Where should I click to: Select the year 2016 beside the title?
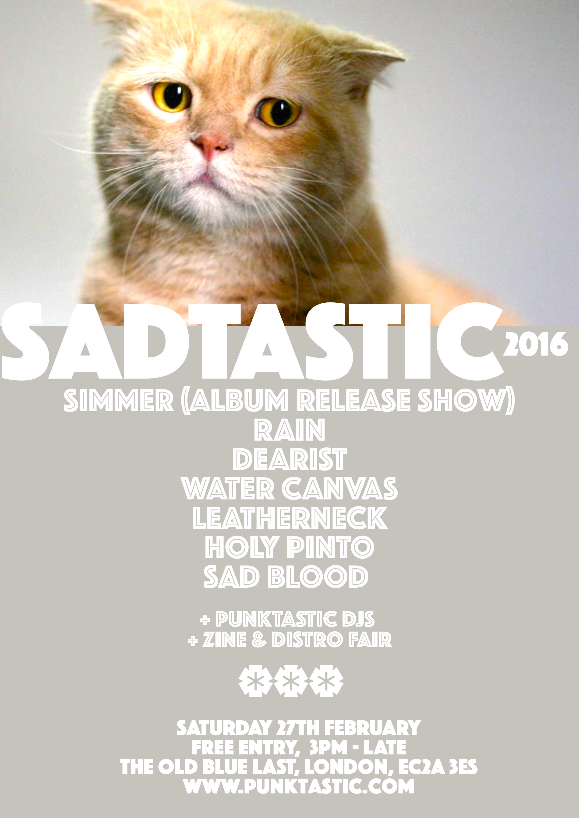point(535,344)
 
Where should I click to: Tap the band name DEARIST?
point(290,459)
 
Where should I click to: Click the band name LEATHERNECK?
point(290,518)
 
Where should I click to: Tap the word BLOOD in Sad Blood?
point(318,576)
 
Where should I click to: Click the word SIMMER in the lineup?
point(119,400)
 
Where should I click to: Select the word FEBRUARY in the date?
point(372,728)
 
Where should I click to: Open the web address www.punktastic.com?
point(299,786)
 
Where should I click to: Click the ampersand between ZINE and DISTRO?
point(259,640)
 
